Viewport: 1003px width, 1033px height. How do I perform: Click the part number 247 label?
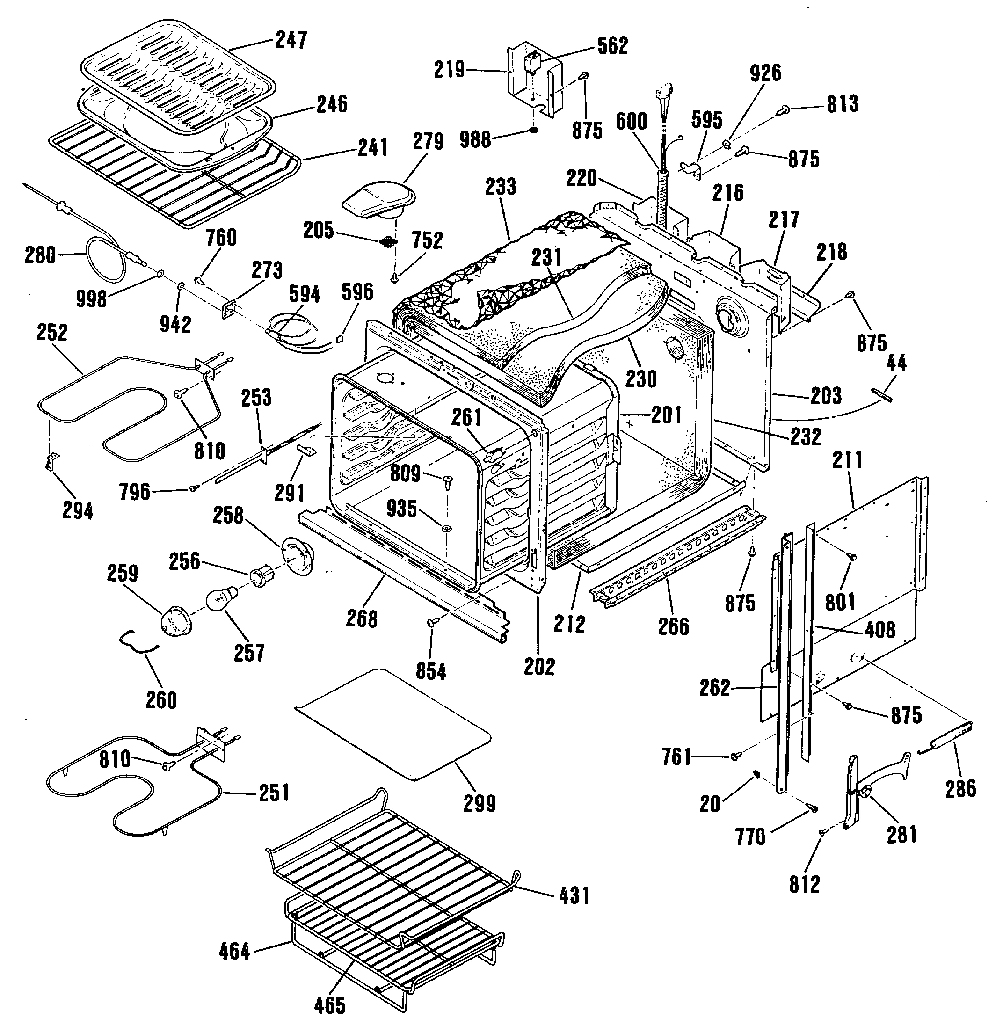click(291, 40)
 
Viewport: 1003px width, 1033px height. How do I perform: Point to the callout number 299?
click(479, 803)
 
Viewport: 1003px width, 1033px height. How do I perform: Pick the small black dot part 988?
click(533, 130)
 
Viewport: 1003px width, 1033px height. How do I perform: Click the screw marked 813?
click(783, 110)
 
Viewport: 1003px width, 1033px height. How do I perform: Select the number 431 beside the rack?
click(574, 895)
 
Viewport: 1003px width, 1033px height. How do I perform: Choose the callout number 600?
click(632, 122)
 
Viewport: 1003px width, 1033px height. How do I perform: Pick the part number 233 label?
click(500, 187)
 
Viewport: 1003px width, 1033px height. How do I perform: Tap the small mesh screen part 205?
click(388, 242)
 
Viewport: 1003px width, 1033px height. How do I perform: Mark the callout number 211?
click(848, 460)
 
